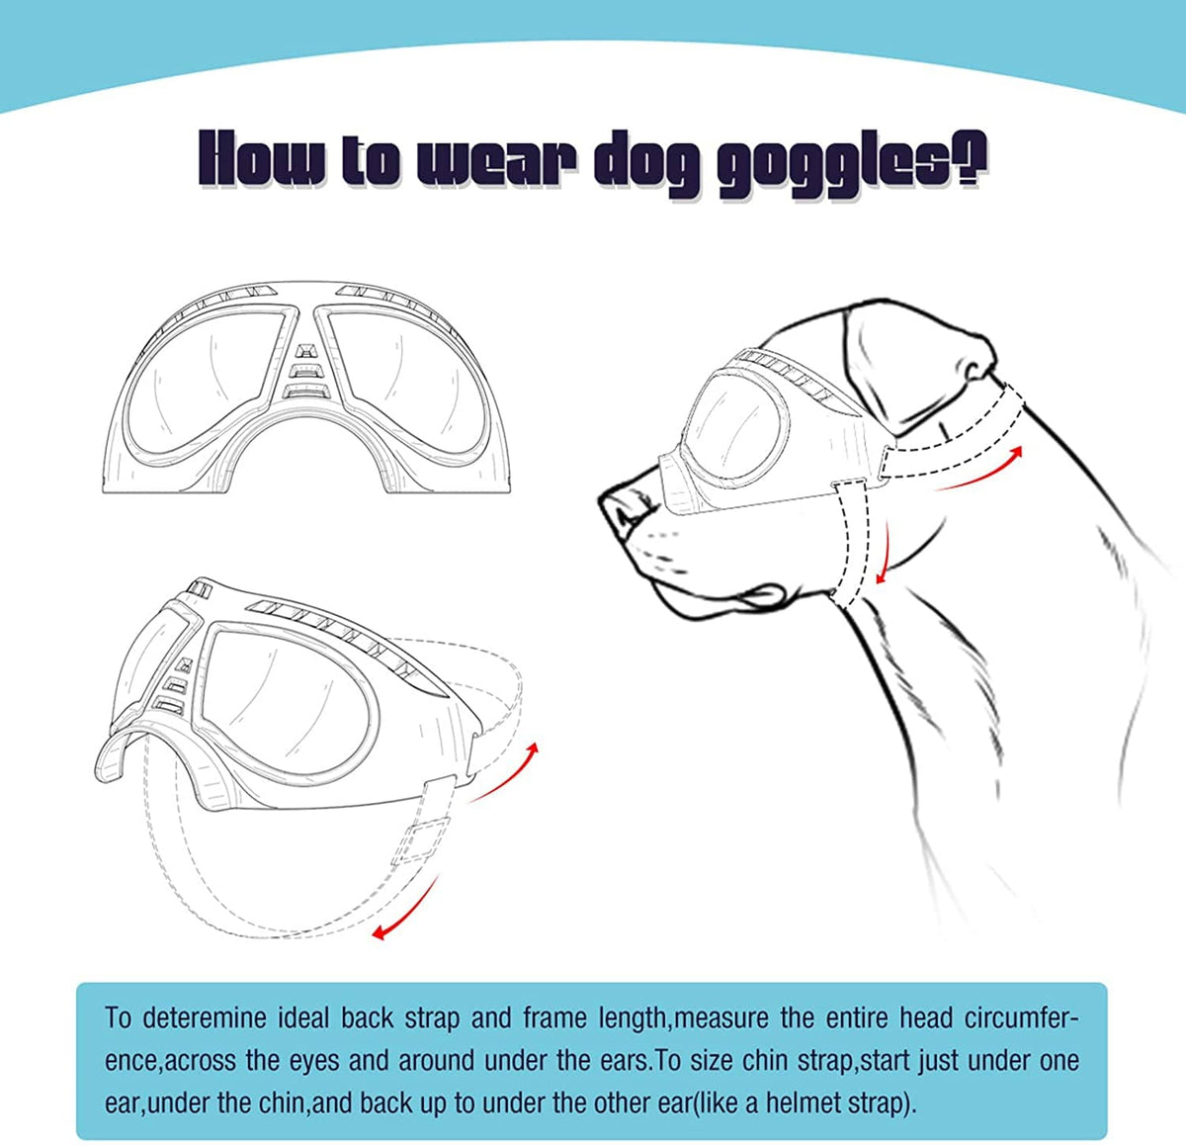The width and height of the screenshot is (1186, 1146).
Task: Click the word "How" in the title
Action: pos(261,159)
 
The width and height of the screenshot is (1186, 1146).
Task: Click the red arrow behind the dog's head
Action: pos(978,469)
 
